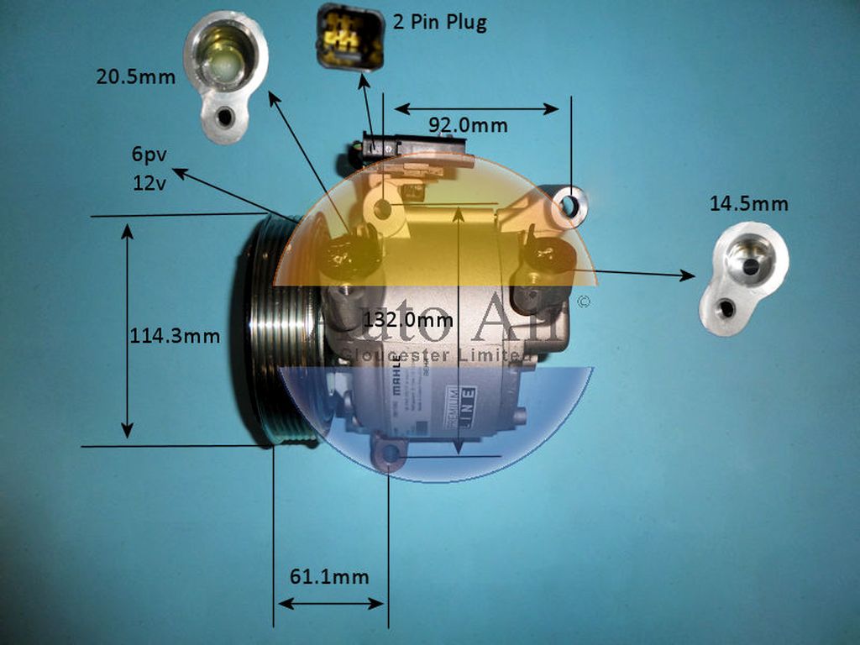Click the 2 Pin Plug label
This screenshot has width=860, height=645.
pos(439,23)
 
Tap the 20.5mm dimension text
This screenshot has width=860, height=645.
pos(135,78)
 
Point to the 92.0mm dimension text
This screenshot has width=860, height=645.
pos(468,126)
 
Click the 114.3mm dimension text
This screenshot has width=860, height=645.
pos(175,337)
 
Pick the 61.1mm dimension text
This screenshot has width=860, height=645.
pos(329,577)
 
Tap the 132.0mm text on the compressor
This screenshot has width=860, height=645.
pos(408,320)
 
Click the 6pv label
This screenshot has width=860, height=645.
pos(148,155)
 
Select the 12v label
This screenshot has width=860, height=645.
pos(149,182)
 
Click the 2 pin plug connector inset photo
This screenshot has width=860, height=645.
pos(350,38)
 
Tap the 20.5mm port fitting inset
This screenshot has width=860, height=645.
pos(225,76)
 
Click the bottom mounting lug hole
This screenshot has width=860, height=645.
pos(391,454)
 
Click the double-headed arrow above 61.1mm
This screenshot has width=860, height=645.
pos(331,603)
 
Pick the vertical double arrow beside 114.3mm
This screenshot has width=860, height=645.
pos(127,331)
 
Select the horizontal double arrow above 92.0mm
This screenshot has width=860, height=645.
pos(476,108)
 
